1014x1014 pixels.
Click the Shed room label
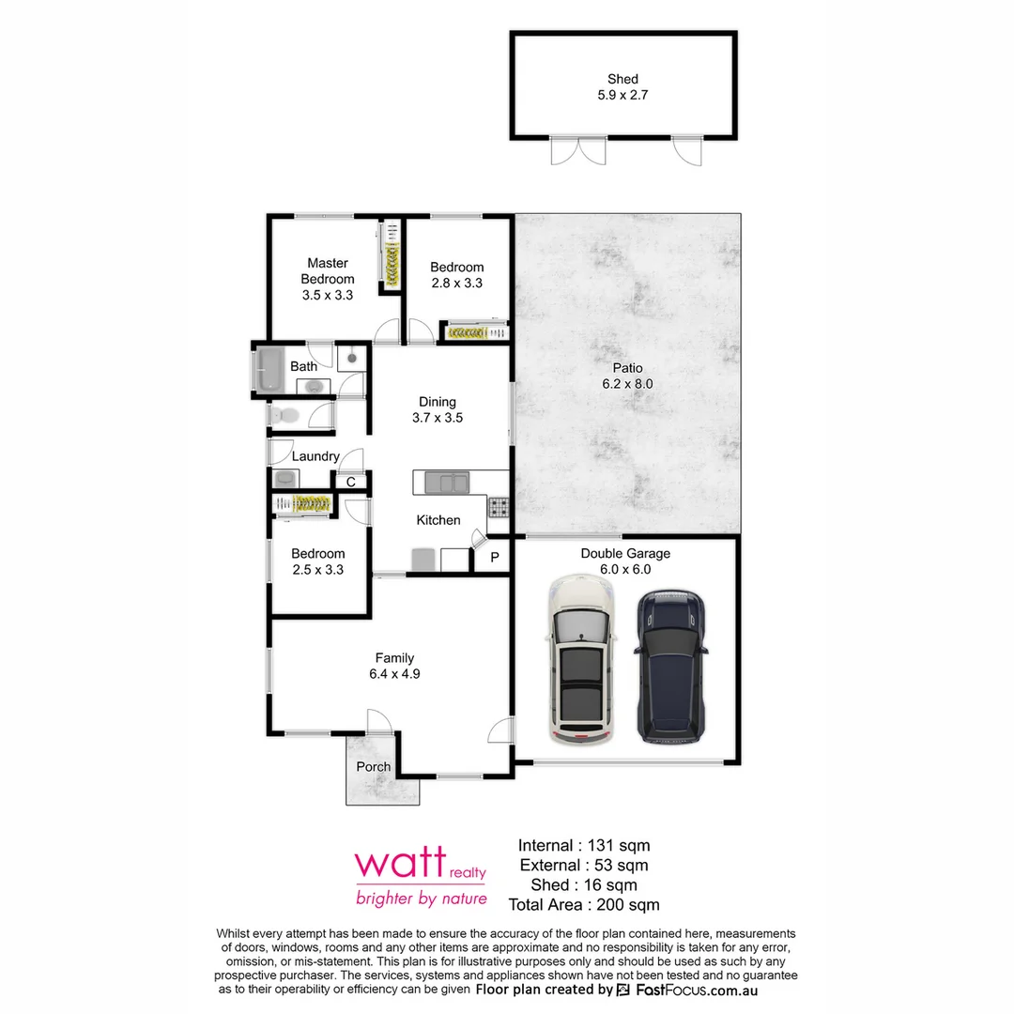click(x=622, y=80)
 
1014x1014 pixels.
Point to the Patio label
click(x=627, y=368)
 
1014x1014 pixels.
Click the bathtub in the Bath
click(x=270, y=368)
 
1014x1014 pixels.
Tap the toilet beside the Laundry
click(x=285, y=414)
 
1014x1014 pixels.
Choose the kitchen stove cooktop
click(x=499, y=508)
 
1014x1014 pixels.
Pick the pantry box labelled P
click(x=495, y=558)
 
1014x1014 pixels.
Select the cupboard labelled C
click(x=350, y=483)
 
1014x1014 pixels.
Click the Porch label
click(x=374, y=767)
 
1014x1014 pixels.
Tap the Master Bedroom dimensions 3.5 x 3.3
click(x=328, y=295)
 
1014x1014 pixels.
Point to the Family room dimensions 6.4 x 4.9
click(x=394, y=673)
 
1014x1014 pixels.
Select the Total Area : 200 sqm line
click(x=584, y=905)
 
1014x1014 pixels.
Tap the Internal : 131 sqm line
click(x=584, y=845)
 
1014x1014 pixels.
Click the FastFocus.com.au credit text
click(x=697, y=990)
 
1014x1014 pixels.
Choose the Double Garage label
click(x=625, y=553)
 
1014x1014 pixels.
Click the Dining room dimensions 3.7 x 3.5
click(x=438, y=418)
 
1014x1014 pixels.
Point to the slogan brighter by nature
click(x=421, y=899)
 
